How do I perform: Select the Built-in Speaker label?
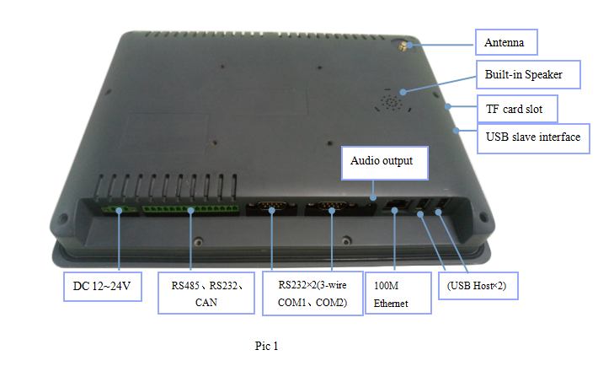pyautogui.click(x=523, y=75)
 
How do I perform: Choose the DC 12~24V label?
pyautogui.click(x=103, y=289)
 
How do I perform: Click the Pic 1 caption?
pyautogui.click(x=266, y=346)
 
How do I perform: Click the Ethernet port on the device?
pyautogui.click(x=394, y=206)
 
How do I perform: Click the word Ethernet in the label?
pyautogui.click(x=392, y=303)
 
